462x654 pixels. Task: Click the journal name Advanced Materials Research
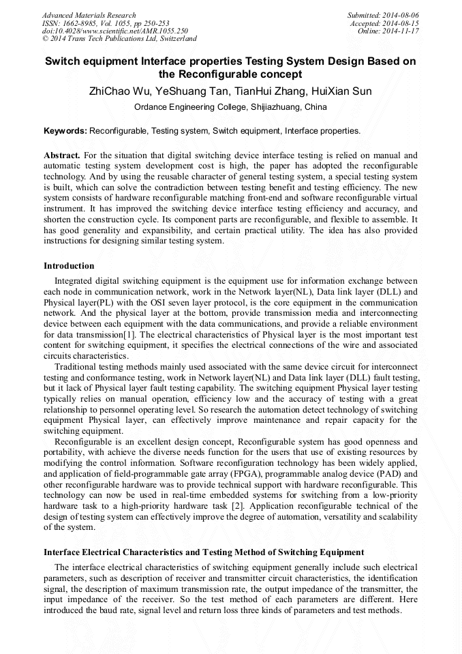pyautogui.click(x=89, y=15)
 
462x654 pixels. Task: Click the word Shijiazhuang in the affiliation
pyautogui.click(x=275, y=107)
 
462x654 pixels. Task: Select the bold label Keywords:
pyautogui.click(x=65, y=130)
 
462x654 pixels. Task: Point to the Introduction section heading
pyautogui.click(x=69, y=266)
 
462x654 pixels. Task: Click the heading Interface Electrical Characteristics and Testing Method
pyautogui.click(x=204, y=552)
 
